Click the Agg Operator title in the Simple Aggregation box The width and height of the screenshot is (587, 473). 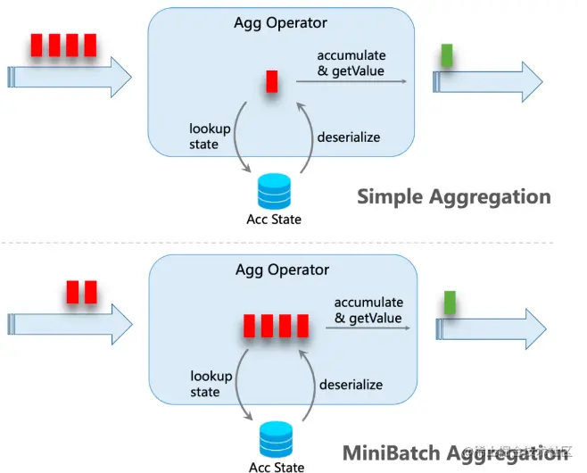(281, 22)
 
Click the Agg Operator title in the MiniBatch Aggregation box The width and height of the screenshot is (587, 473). (282, 270)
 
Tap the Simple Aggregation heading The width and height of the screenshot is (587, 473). (453, 196)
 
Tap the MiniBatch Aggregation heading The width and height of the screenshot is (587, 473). (455, 452)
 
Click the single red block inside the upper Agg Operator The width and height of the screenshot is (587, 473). (272, 81)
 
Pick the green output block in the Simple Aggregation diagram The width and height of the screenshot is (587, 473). (448, 58)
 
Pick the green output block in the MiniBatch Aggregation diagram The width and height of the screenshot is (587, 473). (451, 303)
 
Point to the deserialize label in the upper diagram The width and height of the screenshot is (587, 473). (349, 137)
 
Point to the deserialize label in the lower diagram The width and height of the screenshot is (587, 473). (351, 385)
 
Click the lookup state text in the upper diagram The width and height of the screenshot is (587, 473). (211, 137)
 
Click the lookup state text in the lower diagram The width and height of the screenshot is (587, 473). (211, 384)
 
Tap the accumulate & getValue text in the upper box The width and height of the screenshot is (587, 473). (352, 63)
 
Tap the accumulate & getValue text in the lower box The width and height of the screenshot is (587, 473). (368, 311)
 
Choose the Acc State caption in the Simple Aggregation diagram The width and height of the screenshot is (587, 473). (274, 220)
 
